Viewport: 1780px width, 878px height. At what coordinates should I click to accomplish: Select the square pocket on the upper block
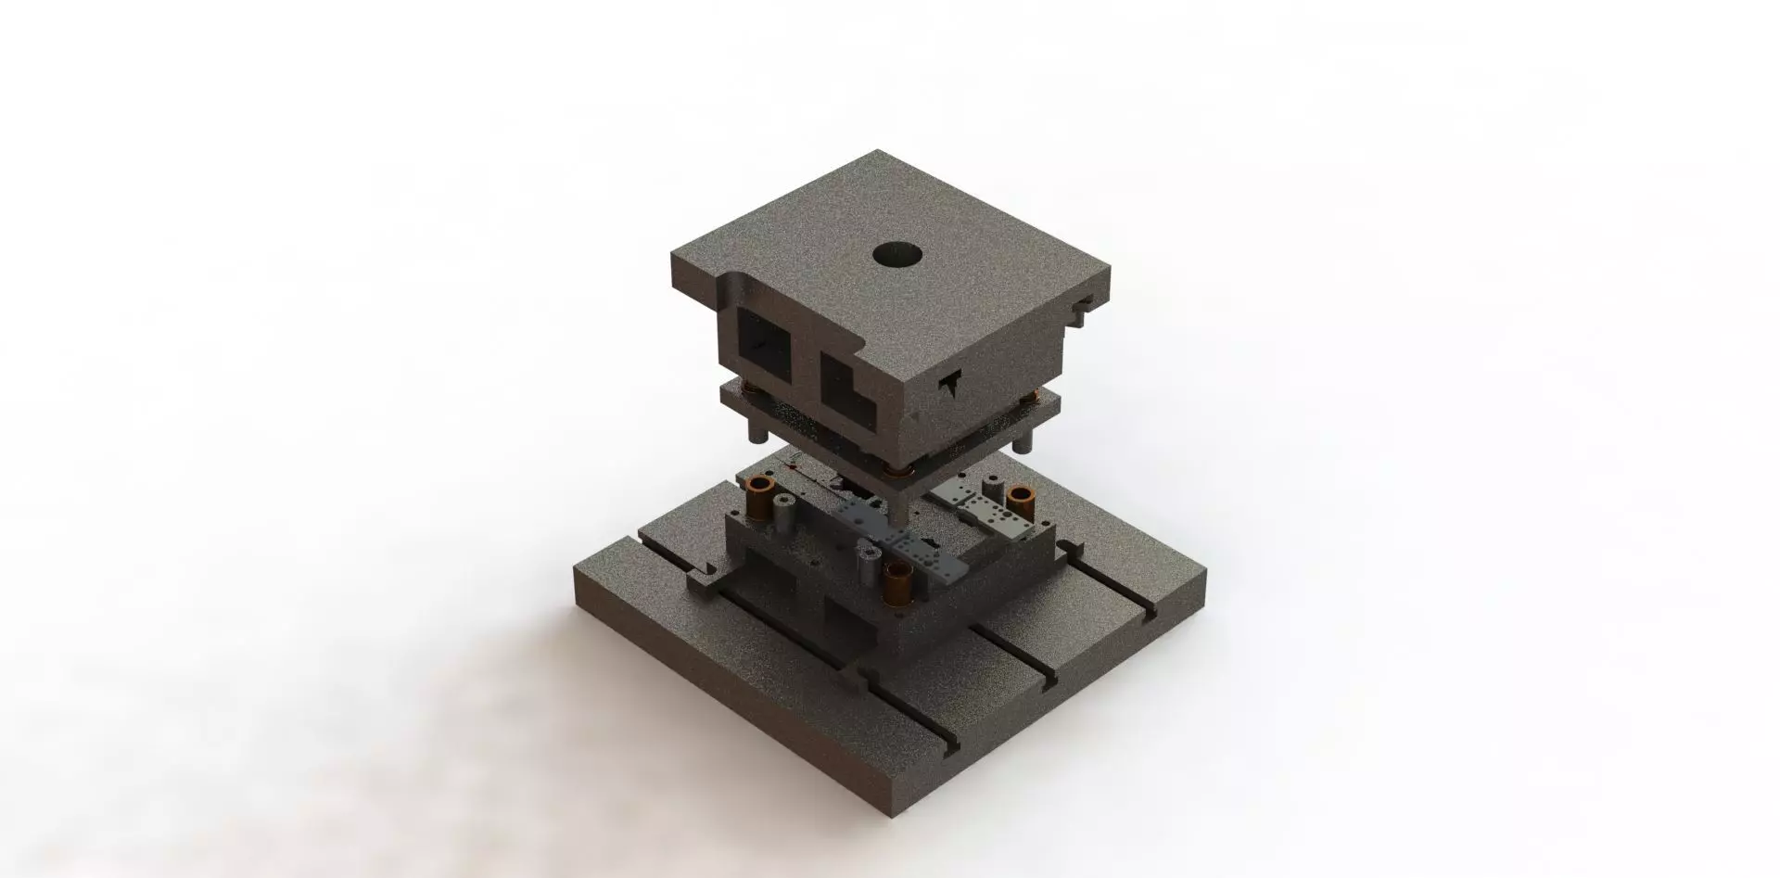tap(762, 341)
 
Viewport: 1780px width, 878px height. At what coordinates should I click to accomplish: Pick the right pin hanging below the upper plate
tap(1023, 436)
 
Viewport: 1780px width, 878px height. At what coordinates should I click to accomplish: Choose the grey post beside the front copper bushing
tap(868, 567)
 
